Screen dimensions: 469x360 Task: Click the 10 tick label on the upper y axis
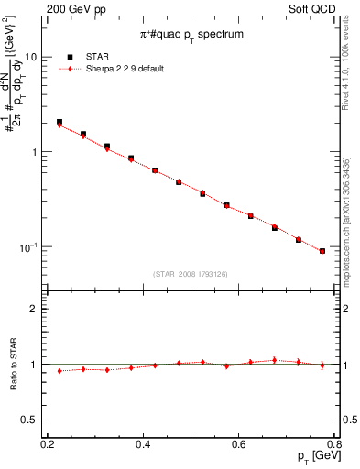(x=31, y=57)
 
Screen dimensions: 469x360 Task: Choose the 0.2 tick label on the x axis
(x=48, y=444)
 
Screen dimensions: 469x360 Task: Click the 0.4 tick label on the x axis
(x=143, y=444)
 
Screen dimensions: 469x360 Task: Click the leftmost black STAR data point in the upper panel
(x=60, y=122)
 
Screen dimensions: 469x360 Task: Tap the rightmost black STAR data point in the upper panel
(x=322, y=251)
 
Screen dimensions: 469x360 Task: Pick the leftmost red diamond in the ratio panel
(x=60, y=371)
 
